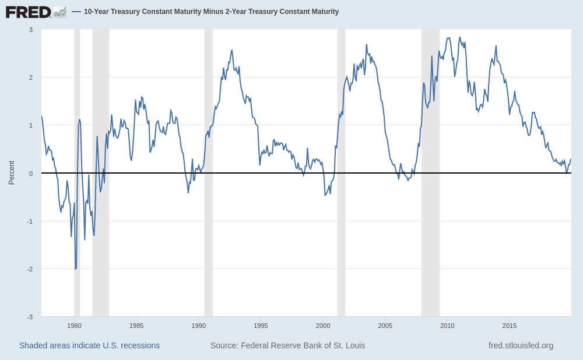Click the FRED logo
pyautogui.click(x=28, y=12)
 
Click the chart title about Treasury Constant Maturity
pyautogui.click(x=211, y=12)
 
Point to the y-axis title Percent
pyautogui.click(x=11, y=173)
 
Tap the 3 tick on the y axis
pyautogui.click(x=31, y=30)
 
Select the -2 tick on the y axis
pyautogui.click(x=30, y=269)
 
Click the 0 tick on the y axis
pyautogui.click(x=31, y=174)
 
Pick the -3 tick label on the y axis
pyautogui.click(x=30, y=317)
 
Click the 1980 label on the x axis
pyautogui.click(x=74, y=326)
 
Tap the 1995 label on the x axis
pyautogui.click(x=261, y=326)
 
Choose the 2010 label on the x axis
pyautogui.click(x=447, y=326)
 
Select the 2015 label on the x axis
pyautogui.click(x=510, y=326)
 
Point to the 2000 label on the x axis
pyautogui.click(x=323, y=326)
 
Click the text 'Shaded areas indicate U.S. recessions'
pyautogui.click(x=89, y=345)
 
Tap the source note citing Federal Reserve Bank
pyautogui.click(x=287, y=345)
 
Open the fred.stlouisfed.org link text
pyautogui.click(x=521, y=345)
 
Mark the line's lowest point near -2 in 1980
pyautogui.click(x=75, y=269)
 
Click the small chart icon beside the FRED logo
pyautogui.click(x=60, y=12)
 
